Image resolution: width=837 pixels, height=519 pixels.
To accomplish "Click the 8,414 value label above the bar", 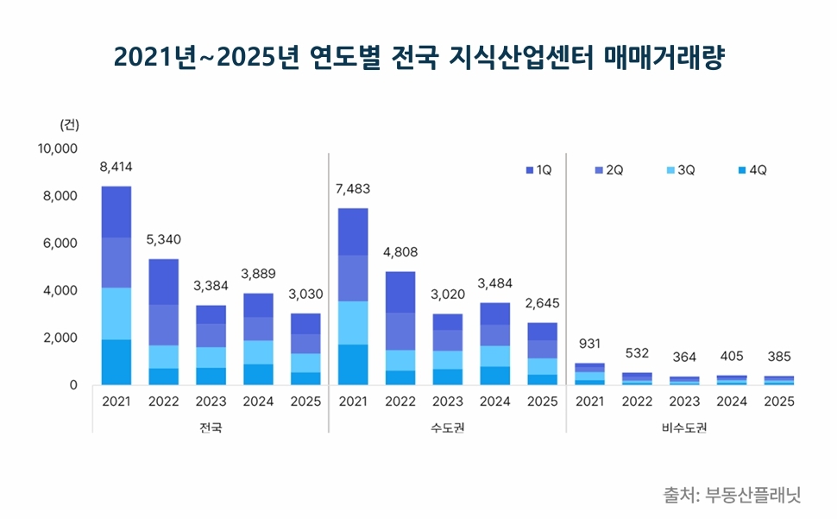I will (116, 167).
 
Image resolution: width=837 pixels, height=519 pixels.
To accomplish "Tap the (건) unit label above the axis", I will (69, 124).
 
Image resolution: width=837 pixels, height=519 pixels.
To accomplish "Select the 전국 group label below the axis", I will (211, 427).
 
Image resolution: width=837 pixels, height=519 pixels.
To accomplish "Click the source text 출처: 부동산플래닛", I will (733, 495).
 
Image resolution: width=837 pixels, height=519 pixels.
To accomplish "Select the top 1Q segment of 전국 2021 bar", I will (116, 212).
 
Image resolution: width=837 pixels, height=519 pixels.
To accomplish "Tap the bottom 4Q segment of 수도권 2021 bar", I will (354, 364).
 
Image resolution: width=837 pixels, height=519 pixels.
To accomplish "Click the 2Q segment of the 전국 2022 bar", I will (164, 325).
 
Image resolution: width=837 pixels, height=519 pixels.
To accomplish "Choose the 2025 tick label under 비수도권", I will (780, 402).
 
